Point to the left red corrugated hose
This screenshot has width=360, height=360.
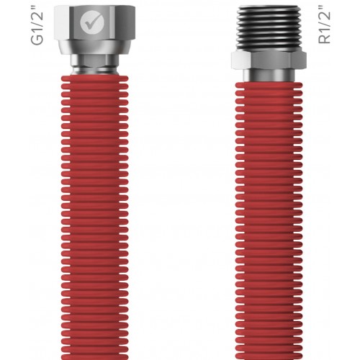pyautogui.click(x=91, y=216)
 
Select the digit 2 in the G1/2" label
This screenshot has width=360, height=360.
pyautogui.click(x=37, y=17)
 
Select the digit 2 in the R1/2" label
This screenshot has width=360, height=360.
pyautogui.click(x=325, y=17)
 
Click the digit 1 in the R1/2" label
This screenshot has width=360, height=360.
pyautogui.click(x=325, y=33)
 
